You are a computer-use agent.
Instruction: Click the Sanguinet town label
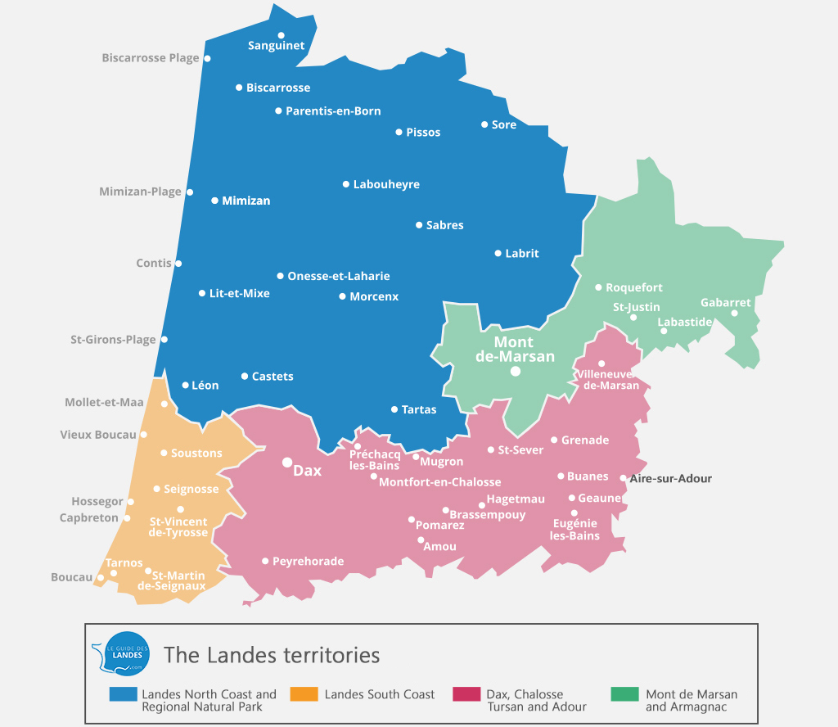pyautogui.click(x=276, y=46)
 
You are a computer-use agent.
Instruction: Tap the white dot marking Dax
pyautogui.click(x=287, y=463)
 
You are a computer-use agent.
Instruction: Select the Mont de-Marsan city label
pyautogui.click(x=515, y=349)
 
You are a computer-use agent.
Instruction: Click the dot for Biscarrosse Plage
pyautogui.click(x=207, y=58)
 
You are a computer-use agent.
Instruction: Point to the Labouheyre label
pyautogui.click(x=386, y=184)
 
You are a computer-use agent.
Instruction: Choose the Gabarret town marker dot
pyautogui.click(x=734, y=313)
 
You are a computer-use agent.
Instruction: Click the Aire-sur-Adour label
pyautogui.click(x=671, y=478)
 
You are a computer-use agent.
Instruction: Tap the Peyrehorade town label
pyautogui.click(x=308, y=561)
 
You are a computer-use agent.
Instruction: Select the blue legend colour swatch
pyautogui.click(x=122, y=694)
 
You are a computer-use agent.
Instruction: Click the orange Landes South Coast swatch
pyautogui.click(x=304, y=694)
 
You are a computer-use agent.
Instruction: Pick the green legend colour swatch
pyautogui.click(x=624, y=694)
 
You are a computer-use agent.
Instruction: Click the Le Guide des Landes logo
pyautogui.click(x=120, y=653)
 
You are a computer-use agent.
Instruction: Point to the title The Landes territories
pyautogui.click(x=272, y=655)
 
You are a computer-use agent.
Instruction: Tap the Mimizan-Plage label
pyautogui.click(x=140, y=192)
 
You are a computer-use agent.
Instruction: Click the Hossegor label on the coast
pyautogui.click(x=97, y=501)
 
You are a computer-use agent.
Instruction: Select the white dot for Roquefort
pyautogui.click(x=598, y=287)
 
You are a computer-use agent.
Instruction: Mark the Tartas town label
pyautogui.click(x=419, y=409)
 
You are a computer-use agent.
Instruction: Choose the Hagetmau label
pyautogui.click(x=516, y=499)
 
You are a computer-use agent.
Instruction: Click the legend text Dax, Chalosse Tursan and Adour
pyautogui.click(x=537, y=700)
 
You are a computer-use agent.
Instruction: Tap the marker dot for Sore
pyautogui.click(x=484, y=124)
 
